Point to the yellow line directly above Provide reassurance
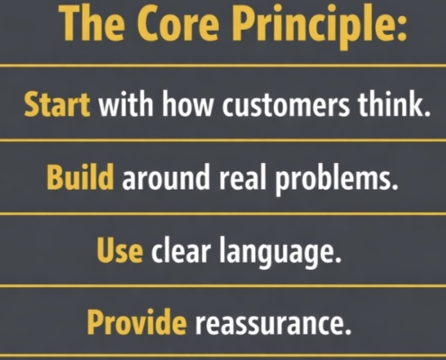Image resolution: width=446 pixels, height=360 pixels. [223, 286]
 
